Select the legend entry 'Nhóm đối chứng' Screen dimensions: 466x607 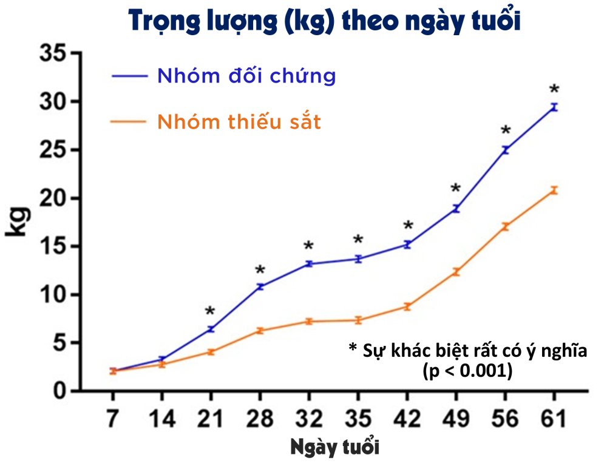click(x=246, y=76)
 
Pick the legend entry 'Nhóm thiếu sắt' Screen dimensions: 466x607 click(x=239, y=122)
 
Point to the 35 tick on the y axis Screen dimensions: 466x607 click(x=54, y=53)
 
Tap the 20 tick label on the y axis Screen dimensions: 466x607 click(x=54, y=198)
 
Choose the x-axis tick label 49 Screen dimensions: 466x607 click(x=455, y=419)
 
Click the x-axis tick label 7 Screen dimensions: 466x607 click(x=113, y=419)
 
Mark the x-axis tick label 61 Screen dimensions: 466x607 click(x=553, y=419)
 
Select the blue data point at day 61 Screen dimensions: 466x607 click(x=554, y=107)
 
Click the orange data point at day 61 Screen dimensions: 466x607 click(x=554, y=191)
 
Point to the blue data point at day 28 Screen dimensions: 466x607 click(x=260, y=286)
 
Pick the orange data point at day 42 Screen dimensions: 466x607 click(x=407, y=306)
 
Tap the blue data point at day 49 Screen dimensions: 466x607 click(x=455, y=209)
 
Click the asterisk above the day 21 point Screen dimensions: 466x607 click(x=210, y=312)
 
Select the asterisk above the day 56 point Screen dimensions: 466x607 click(x=505, y=131)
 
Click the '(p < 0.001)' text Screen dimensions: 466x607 click(x=467, y=371)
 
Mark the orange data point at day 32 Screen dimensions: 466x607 click(x=308, y=321)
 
